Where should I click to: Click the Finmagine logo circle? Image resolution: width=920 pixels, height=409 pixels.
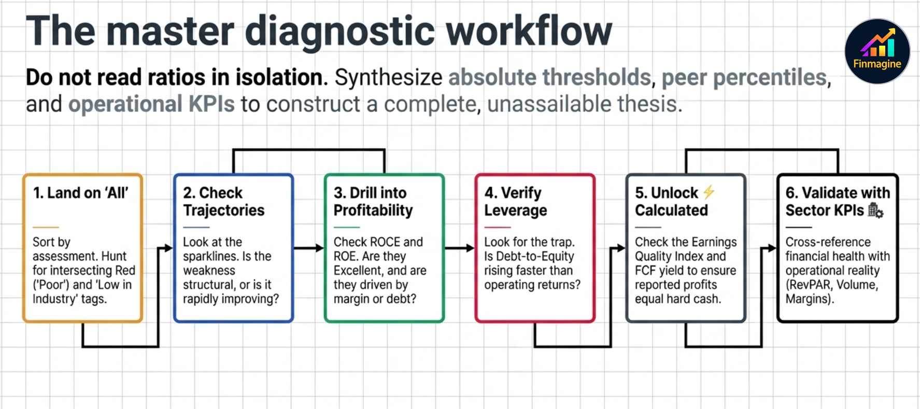pos(877,51)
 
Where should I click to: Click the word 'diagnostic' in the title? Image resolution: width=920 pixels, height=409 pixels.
pos(339,31)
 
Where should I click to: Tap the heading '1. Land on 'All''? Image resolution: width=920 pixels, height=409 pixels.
pos(80,193)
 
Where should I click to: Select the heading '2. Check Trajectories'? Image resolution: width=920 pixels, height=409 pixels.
pos(223,202)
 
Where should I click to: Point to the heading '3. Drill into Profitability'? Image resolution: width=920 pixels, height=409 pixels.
pos(373,202)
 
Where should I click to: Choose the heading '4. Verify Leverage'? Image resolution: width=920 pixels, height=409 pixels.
pos(515,202)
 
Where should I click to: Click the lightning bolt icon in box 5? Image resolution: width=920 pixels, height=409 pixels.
pos(709,192)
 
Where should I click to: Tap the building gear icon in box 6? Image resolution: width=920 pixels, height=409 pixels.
pos(875,210)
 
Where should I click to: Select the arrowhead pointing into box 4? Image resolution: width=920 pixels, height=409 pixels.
pos(470,248)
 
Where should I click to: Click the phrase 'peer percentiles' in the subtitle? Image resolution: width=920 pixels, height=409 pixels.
pos(744,77)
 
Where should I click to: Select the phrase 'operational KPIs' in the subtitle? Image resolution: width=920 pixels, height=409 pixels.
pos(151,104)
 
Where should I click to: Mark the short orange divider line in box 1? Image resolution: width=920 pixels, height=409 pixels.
pos(46,227)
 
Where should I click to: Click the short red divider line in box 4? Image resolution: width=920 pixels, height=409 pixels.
pos(497,227)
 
